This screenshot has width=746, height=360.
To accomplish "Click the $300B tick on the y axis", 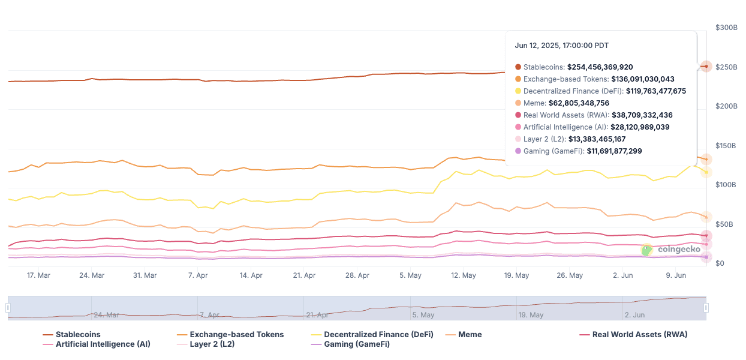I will [x=727, y=28].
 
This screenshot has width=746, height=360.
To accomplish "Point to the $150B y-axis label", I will [x=727, y=145].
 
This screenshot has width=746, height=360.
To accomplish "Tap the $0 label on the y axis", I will [x=720, y=263].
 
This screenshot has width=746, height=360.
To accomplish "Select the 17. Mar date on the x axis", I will [x=39, y=275].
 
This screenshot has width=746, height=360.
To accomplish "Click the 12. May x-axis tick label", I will [x=464, y=275].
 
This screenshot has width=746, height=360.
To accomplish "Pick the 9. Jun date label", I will [x=676, y=275].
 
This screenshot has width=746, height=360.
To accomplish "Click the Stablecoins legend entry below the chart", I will [x=78, y=334].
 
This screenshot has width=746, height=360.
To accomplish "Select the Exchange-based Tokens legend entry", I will [x=236, y=334].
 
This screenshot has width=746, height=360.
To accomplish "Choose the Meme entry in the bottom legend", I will [x=470, y=334].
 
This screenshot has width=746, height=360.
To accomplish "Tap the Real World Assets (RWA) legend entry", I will [x=639, y=334].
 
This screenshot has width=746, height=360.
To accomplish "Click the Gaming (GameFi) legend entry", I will [x=357, y=344].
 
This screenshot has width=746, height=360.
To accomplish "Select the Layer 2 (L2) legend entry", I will [x=212, y=344].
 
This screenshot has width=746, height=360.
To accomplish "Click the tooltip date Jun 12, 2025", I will [x=562, y=46].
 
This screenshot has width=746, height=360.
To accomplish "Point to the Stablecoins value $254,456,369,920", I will [x=600, y=67].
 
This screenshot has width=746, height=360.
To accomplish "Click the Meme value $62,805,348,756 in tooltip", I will [x=585, y=103].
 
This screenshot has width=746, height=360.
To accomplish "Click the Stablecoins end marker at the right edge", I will [x=706, y=66].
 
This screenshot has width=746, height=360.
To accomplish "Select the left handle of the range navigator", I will [x=8, y=308].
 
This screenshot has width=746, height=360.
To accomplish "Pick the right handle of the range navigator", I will [x=706, y=308].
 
